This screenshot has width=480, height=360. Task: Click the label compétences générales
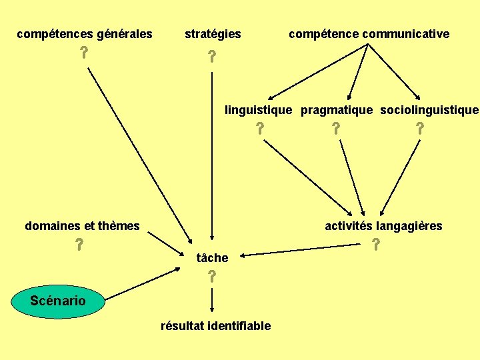(x=85, y=33)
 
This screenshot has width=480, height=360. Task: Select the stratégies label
(x=213, y=33)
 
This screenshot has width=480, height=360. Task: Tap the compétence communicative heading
(x=369, y=33)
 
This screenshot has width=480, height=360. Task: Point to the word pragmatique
(x=337, y=109)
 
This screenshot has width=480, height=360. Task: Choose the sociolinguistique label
(x=429, y=109)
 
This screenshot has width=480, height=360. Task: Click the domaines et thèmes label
(x=82, y=225)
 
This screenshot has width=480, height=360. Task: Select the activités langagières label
(x=383, y=225)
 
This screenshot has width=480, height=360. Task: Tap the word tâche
(x=213, y=257)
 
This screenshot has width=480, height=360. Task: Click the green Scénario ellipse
(x=58, y=300)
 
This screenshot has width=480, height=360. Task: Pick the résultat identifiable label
(x=215, y=326)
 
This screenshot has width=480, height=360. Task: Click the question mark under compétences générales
(x=85, y=53)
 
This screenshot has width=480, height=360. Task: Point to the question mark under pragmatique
(x=336, y=129)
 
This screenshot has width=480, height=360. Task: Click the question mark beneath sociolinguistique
(x=419, y=129)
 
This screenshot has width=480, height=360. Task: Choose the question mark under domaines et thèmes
(x=79, y=244)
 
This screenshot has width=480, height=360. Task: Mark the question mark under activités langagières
(x=376, y=245)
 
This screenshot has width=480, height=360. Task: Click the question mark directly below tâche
(x=211, y=276)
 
